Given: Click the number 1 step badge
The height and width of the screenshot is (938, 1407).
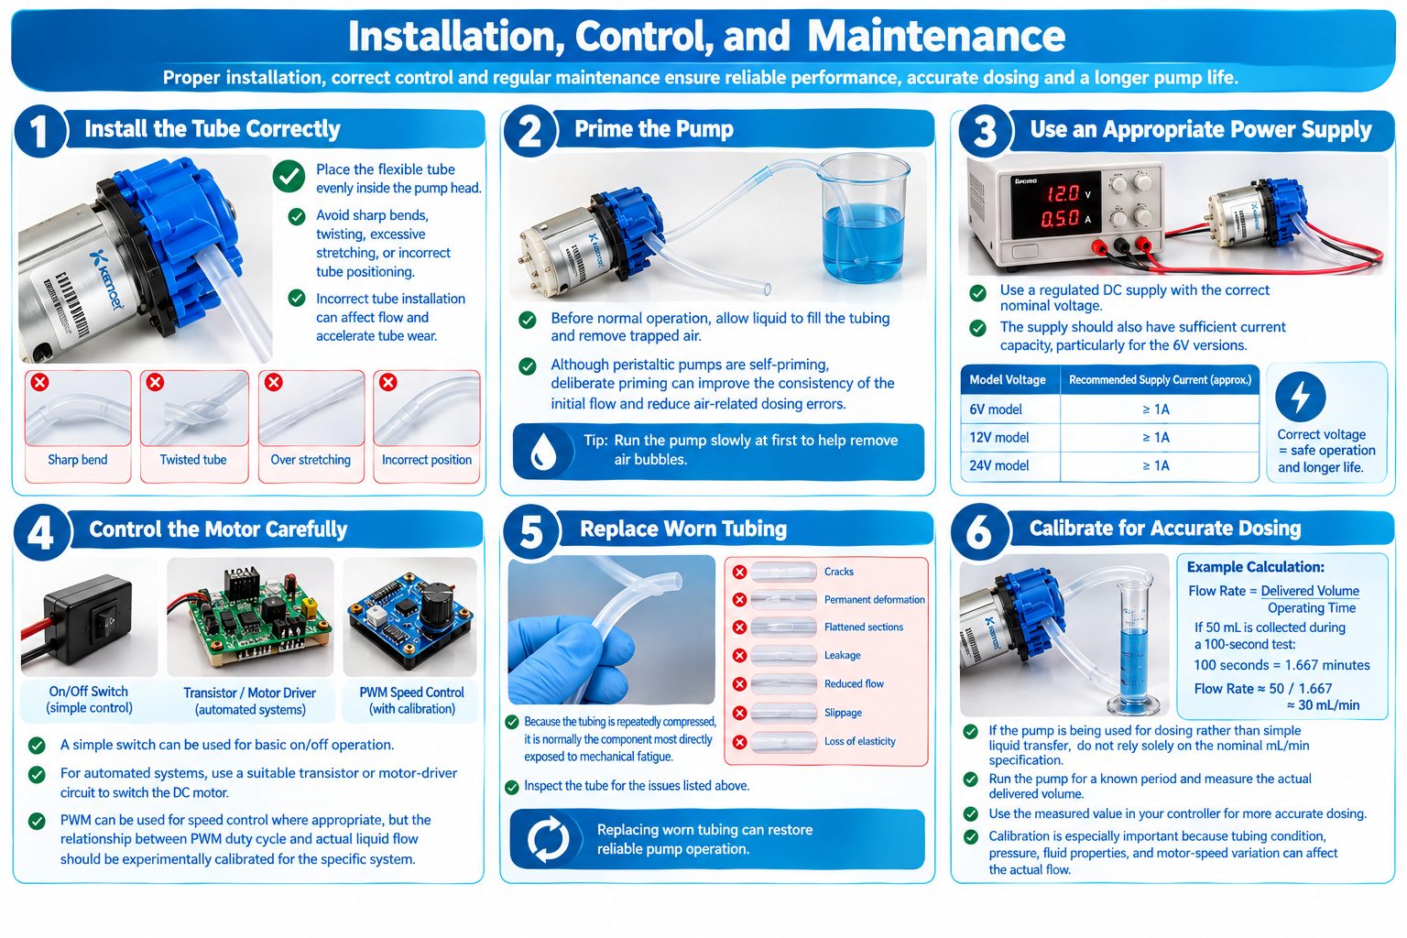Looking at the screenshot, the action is coord(39,131).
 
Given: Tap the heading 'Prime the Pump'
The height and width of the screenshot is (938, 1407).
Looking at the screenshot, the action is coord(654,129).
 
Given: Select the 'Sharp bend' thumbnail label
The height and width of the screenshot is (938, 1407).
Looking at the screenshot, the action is coord(77,459).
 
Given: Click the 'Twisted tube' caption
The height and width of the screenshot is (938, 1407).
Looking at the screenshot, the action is coord(193,459).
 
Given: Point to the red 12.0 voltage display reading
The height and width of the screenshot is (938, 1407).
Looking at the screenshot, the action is coord(1063,193).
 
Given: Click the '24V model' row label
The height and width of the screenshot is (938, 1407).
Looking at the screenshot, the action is coord(998,465).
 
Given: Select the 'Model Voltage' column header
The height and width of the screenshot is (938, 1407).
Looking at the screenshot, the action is coord(1007,379).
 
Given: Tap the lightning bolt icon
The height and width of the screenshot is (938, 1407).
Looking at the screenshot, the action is coord(1300,397).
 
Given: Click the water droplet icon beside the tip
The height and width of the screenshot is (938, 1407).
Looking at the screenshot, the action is coord(542,452).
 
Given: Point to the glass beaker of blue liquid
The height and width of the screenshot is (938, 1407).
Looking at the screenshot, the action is coord(866,219).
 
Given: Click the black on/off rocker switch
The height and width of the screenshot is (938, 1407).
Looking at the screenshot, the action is coord(105,619).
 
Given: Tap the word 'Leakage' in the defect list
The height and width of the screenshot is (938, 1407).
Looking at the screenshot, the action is coord(843,655).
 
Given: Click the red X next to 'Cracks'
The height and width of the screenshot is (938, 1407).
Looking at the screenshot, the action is coord(739,573).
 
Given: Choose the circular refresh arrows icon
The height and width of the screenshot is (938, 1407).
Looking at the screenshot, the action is coord(548,839).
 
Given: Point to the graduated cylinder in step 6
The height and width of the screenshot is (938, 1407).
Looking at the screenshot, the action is coord(1135,647).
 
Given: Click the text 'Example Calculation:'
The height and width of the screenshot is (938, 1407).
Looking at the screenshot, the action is coord(1255,567).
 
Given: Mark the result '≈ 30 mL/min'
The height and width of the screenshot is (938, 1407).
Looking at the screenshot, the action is coord(1323,705).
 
